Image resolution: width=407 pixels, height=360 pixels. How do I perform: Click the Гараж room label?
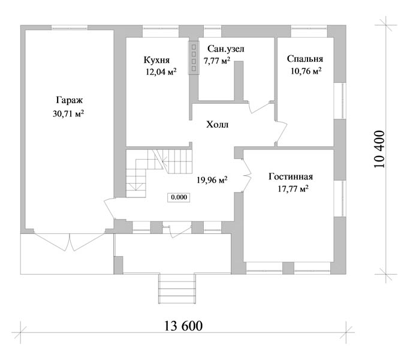pyautogui.click(x=70, y=101)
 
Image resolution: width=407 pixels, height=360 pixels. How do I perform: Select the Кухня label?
pyautogui.click(x=157, y=60)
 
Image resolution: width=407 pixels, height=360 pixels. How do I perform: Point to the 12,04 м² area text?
pyautogui.click(x=161, y=71)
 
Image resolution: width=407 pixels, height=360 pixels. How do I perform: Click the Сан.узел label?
pyautogui.click(x=226, y=49)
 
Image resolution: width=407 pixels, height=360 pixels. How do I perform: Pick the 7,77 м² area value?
pyautogui.click(x=217, y=61)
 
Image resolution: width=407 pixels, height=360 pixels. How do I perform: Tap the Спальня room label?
pyautogui.click(x=305, y=59)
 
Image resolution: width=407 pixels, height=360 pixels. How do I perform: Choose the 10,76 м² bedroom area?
pyautogui.click(x=306, y=71)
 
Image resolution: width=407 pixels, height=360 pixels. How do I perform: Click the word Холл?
pyautogui.click(x=217, y=125)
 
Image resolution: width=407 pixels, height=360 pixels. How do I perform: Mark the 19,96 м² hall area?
pyautogui.click(x=212, y=179)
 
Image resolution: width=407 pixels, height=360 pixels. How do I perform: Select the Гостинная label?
pyautogui.click(x=291, y=177)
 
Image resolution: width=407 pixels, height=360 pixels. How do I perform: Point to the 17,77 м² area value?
pyautogui.click(x=293, y=188)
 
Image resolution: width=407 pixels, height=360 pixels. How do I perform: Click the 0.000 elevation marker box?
pyautogui.click(x=179, y=197)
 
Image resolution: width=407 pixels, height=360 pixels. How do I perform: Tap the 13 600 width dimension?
pyautogui.click(x=183, y=326)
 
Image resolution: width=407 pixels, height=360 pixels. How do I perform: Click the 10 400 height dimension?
pyautogui.click(x=379, y=149)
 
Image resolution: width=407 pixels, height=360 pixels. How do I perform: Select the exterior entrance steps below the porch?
pyautogui.click(x=177, y=289)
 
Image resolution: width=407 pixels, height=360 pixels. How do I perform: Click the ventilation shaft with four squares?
pyautogui.click(x=194, y=58)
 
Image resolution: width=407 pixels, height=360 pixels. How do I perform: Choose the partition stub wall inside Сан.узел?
pyautogui.click(x=239, y=81)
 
